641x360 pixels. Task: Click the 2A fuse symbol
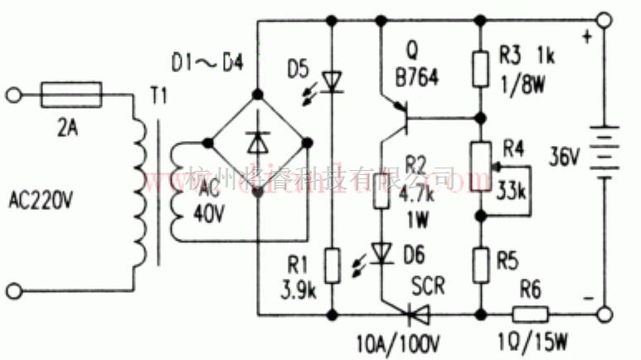[x=70, y=95]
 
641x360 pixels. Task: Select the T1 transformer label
[x=158, y=97]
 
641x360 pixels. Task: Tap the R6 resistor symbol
[x=530, y=314]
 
